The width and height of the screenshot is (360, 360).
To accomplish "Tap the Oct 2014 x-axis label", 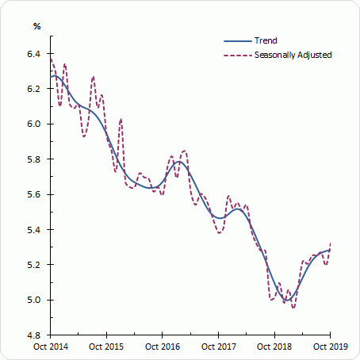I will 50,347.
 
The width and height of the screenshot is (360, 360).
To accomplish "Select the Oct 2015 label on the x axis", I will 106,347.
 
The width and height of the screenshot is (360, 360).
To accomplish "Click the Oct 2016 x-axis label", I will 162,347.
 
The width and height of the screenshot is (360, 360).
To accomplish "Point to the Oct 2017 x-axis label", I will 218,347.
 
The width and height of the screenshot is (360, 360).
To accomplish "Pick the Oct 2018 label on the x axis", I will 274,347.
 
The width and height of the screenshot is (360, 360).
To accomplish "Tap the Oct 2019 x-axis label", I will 329,347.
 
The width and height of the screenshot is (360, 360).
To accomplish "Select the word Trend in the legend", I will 266,40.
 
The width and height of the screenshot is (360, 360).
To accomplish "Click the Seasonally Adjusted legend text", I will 293,55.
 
